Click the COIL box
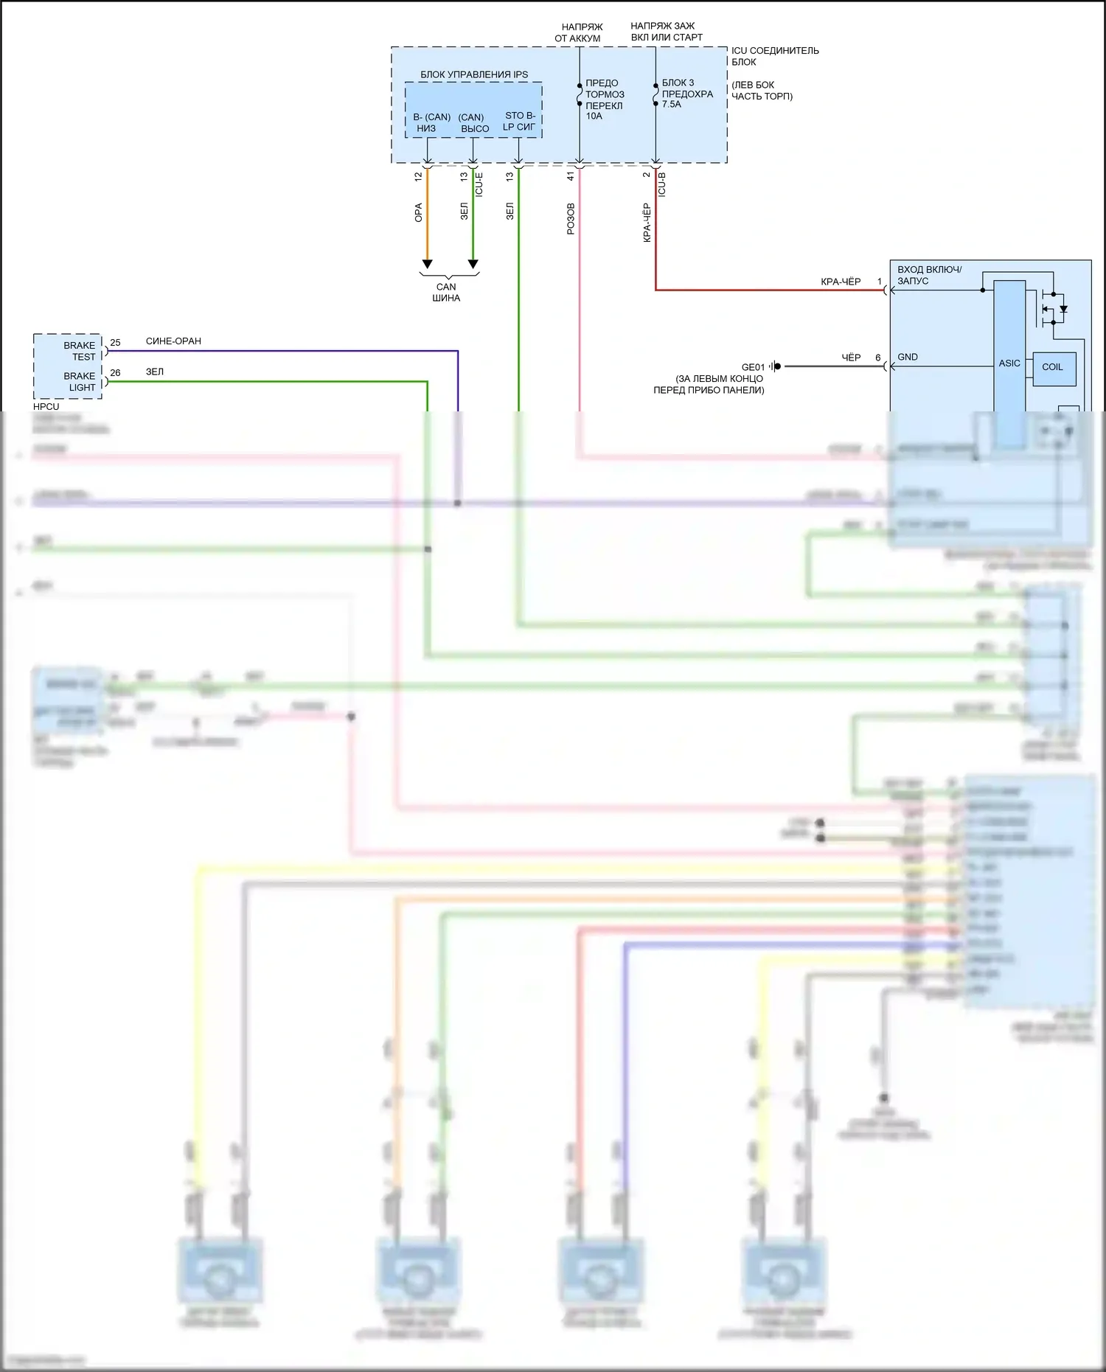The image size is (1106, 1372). point(1052,367)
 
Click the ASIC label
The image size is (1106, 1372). point(1009,363)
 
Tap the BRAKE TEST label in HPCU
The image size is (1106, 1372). point(80,351)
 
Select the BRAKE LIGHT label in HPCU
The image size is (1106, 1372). point(80,382)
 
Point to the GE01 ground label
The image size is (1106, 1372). point(753,367)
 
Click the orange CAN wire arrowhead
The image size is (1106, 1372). point(427,264)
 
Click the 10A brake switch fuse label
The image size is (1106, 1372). point(594,116)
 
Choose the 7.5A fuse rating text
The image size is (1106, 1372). point(671,104)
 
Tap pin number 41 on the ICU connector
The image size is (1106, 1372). point(570,177)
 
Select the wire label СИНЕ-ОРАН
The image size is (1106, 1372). point(173,341)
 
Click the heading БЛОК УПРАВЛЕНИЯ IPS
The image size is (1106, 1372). point(474,74)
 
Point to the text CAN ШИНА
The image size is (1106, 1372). point(446,293)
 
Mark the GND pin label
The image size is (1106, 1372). point(908,357)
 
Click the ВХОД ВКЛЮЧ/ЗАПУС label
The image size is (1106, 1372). point(929,275)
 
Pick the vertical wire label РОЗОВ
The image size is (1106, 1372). point(571,219)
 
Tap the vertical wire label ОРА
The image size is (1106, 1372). point(419,212)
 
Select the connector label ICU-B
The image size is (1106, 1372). point(662,184)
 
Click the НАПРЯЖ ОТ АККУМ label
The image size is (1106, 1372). point(579,32)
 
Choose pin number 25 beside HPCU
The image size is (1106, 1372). point(115,343)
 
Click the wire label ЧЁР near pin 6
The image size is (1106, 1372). point(851,358)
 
